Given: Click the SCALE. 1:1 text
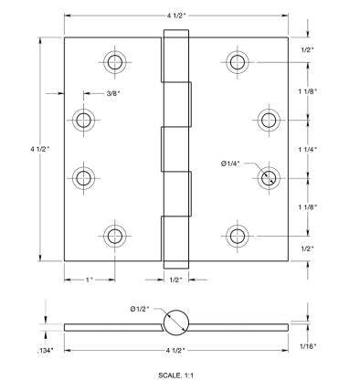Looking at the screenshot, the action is point(175,375).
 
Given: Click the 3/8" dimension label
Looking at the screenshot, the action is point(113,93).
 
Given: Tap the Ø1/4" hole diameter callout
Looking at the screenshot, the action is point(230,164).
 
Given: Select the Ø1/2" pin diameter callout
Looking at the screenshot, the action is point(140,309).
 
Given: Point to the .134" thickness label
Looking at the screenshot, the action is point(46,351).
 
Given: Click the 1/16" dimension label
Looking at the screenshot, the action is point(308,346).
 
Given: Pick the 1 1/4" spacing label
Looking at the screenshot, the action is point(308,149).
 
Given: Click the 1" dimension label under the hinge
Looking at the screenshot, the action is point(89,280).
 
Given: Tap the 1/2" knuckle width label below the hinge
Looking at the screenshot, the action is point(176,280).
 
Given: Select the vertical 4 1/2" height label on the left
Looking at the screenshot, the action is point(39,149).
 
